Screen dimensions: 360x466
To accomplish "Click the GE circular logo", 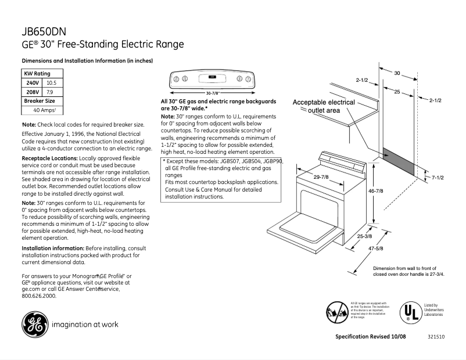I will pyautogui.click(x=33, y=325).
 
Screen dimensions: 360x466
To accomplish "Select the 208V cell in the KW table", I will pyautogui.click(x=33, y=92).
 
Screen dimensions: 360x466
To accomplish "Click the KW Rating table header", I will pyautogui.click(x=37, y=74).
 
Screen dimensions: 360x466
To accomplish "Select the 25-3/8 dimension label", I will pyautogui.click(x=365, y=236).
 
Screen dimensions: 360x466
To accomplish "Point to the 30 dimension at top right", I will pyautogui.click(x=397, y=74).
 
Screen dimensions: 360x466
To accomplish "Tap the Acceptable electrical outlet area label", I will pyautogui.click(x=324, y=106).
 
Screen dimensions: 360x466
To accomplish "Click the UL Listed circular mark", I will pyautogui.click(x=409, y=312).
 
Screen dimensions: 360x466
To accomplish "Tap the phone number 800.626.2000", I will pyautogui.click(x=39, y=295).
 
